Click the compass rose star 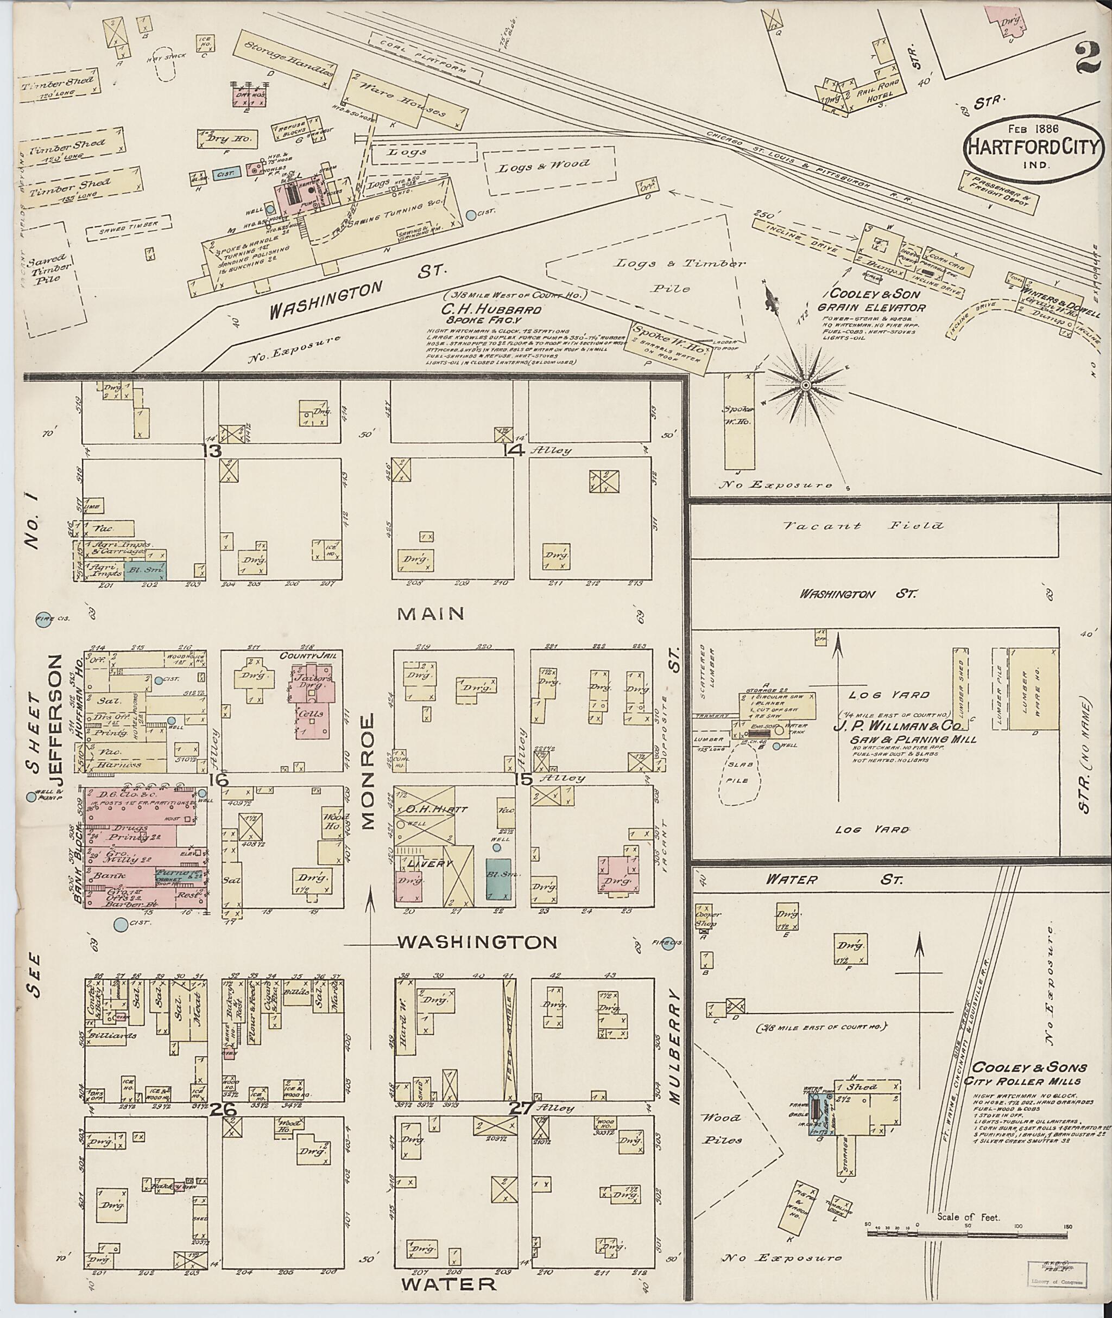pyautogui.click(x=806, y=384)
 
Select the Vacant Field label pyautogui.click(x=864, y=525)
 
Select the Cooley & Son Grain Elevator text pyautogui.click(x=872, y=301)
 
